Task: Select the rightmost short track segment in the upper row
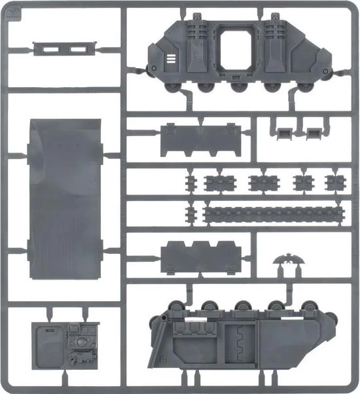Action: (334, 181)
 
